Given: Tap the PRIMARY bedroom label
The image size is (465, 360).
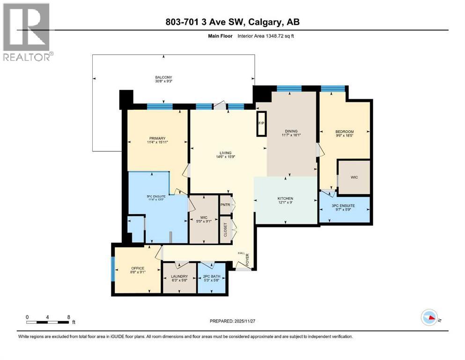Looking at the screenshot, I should point(157,138).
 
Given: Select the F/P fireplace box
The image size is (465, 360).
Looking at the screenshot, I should point(261,124).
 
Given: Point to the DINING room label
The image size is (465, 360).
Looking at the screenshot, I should point(291,131).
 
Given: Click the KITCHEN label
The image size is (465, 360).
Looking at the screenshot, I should point(285,199).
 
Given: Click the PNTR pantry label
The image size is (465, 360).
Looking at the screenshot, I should point(225,204).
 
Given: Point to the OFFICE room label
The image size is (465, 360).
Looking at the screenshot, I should point(138,269).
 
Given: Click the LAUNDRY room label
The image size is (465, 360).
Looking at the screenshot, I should point(179,277).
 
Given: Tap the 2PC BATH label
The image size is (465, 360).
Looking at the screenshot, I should point(211,277).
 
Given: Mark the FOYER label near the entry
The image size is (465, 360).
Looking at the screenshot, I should point(248,259).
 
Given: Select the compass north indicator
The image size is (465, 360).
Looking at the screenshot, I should point(428,318).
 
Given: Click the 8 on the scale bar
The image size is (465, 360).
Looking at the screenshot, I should point(69,317).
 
